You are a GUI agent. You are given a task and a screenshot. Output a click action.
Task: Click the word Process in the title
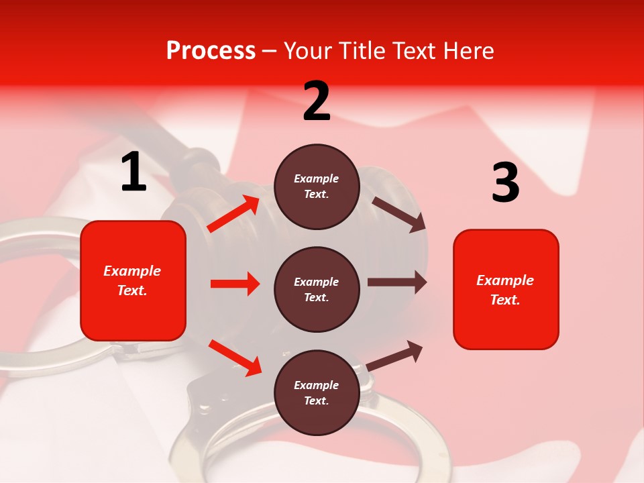click(x=211, y=51)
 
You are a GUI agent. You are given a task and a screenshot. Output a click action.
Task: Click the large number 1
click(x=133, y=172)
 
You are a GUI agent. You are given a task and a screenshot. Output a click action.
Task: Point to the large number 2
click(x=317, y=101)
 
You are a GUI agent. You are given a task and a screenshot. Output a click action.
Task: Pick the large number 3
click(x=505, y=183)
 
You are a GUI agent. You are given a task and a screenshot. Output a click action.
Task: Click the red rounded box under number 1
click(x=133, y=280)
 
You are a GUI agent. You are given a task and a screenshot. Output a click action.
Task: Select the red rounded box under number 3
click(x=506, y=289)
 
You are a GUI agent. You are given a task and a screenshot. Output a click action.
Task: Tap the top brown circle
click(x=317, y=186)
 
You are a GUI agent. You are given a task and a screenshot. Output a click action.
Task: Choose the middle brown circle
click(x=317, y=289)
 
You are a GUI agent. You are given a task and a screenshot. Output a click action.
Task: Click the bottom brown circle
click(x=317, y=392)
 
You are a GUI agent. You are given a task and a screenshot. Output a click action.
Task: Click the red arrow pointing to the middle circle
click(x=235, y=284)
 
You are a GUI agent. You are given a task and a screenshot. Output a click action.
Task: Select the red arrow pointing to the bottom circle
click(x=235, y=358)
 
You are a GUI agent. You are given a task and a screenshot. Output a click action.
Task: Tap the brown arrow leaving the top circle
click(x=398, y=214)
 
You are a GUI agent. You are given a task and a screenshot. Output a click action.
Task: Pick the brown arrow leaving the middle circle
click(x=397, y=282)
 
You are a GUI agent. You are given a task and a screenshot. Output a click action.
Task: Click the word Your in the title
click(x=305, y=51)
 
